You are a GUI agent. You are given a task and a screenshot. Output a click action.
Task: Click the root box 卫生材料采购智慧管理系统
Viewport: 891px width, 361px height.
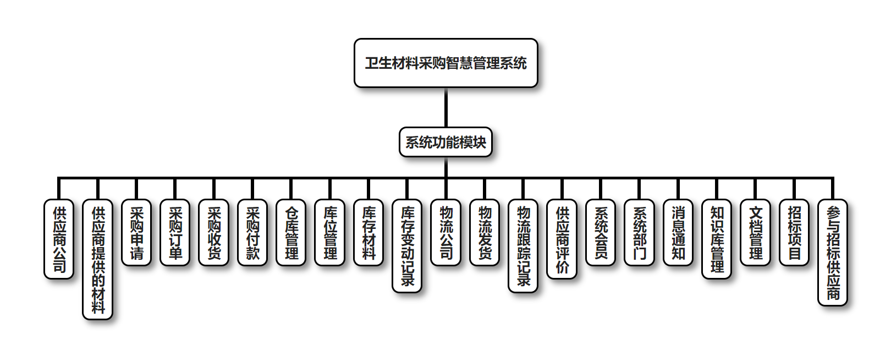(x=446, y=63)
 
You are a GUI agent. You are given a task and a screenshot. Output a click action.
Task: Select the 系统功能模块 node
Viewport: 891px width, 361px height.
(x=446, y=142)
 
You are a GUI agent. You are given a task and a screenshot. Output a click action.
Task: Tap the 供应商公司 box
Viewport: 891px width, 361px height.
(x=59, y=239)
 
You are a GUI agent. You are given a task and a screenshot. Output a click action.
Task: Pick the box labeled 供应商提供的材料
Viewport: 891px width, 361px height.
(x=98, y=259)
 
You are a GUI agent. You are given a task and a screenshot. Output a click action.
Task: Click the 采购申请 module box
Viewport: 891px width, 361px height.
(x=136, y=232)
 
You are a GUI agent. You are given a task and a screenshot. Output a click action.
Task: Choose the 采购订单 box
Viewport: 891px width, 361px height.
(x=175, y=232)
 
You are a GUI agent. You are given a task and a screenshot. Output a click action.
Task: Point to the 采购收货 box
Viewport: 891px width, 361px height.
(x=214, y=232)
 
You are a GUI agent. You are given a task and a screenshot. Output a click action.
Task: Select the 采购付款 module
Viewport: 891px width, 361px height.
(x=252, y=232)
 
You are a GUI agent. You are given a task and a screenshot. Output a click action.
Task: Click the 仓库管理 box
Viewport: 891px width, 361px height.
(x=291, y=232)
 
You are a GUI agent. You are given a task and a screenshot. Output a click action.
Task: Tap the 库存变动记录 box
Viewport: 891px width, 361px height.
(x=407, y=245)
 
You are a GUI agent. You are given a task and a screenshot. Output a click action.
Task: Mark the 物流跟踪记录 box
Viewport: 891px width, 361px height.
(x=523, y=245)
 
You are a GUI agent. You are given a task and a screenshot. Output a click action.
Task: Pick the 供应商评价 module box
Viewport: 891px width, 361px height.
(x=562, y=239)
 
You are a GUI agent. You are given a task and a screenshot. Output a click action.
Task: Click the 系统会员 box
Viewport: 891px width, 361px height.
(x=601, y=232)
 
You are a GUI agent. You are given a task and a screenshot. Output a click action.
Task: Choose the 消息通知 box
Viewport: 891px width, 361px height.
(x=678, y=232)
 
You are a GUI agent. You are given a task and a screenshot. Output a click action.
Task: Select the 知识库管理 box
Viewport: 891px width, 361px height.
(x=717, y=239)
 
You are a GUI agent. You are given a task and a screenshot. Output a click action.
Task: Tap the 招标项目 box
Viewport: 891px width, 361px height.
(x=794, y=232)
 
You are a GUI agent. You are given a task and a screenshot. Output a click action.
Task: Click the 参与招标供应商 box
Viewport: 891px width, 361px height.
(x=833, y=252)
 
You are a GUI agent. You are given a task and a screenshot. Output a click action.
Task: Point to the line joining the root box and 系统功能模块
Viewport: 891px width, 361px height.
(x=446, y=108)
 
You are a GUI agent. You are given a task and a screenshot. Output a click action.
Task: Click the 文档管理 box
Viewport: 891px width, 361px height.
(x=756, y=232)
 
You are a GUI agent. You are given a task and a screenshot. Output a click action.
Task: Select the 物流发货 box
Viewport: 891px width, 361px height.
(x=485, y=232)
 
